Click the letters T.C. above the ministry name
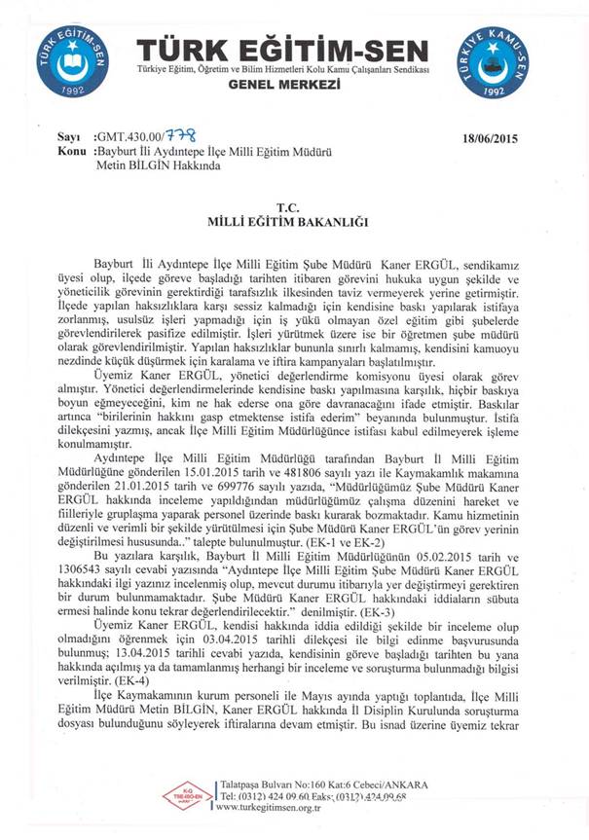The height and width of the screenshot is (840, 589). coord(291,207)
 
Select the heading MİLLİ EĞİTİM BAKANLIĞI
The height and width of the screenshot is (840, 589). coord(291,222)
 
